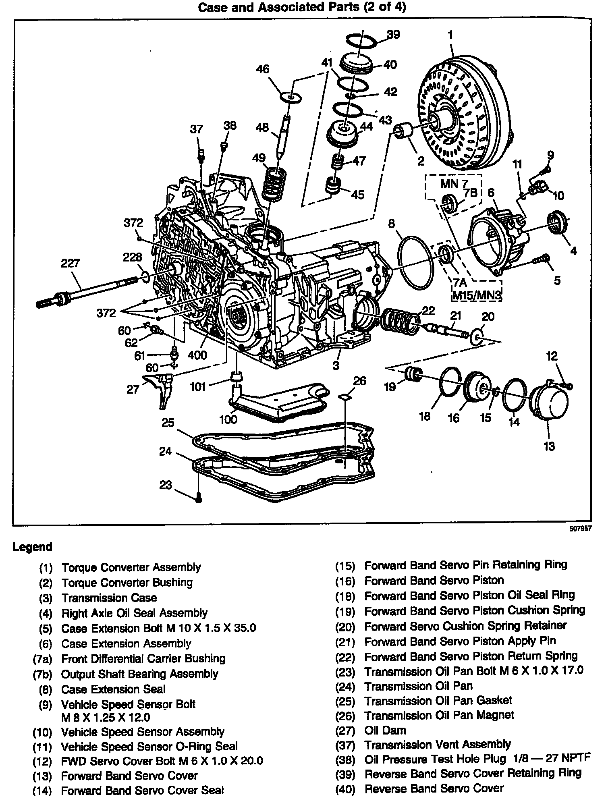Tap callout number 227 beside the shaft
(x=70, y=264)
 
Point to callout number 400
(x=197, y=355)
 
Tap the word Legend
(x=33, y=547)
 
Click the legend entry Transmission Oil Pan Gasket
(x=438, y=701)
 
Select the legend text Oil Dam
(x=385, y=730)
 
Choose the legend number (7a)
(x=42, y=659)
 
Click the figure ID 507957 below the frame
(x=580, y=529)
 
